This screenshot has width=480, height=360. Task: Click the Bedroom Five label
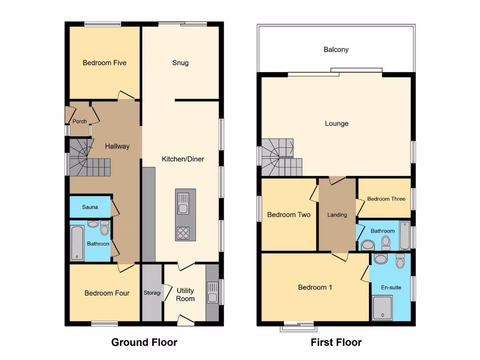coord(105,63)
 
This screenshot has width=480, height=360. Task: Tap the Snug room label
coord(180,63)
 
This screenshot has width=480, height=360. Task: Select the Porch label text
coord(80,121)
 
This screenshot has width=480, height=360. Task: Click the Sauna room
coord(90,207)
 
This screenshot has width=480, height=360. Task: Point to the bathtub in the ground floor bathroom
coord(77,243)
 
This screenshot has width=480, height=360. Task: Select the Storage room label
coord(152,293)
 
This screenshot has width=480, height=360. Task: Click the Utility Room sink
coord(212,292)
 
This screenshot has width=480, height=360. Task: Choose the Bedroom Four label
coord(107,293)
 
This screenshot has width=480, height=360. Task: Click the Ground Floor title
coord(144,343)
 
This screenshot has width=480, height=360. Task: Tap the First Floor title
coord(336,343)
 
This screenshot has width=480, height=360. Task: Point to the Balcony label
coord(336,50)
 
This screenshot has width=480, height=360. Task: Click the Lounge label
coord(337,124)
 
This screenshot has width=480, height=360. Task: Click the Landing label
coord(337,215)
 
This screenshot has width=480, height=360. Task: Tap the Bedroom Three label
coord(386,199)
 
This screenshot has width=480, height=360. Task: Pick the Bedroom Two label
coord(289,215)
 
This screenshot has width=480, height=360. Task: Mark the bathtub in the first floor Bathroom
coord(404,235)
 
